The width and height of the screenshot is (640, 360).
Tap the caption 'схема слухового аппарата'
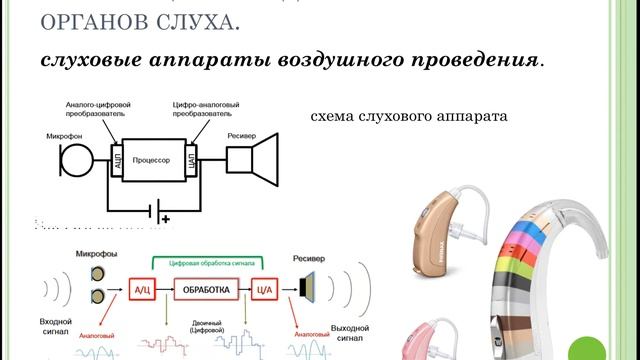[410, 116]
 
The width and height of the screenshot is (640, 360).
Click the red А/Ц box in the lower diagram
[141, 290]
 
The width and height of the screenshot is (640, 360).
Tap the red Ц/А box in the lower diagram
[263, 290]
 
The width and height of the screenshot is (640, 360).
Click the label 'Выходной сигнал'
[355, 333]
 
